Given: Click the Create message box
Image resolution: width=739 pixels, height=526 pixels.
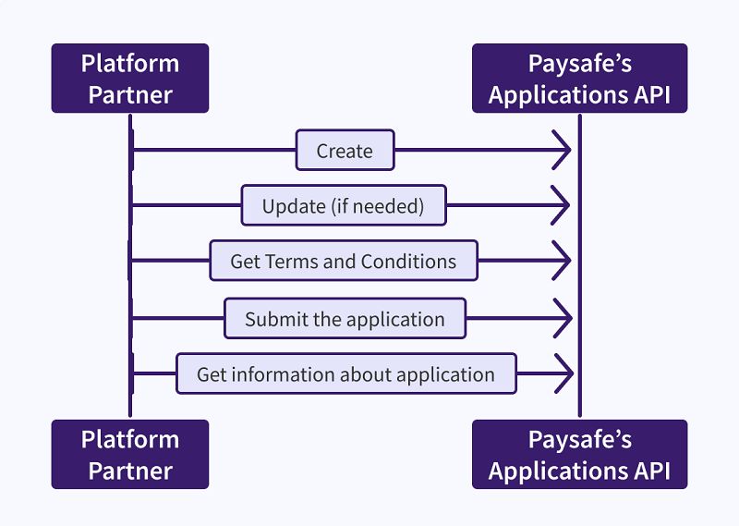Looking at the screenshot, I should [345, 150].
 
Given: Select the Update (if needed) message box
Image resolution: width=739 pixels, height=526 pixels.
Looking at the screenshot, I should [343, 205].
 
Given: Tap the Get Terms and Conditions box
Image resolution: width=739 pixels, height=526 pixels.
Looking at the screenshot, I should [343, 261].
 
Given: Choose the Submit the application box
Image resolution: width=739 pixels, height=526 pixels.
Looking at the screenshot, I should [345, 319].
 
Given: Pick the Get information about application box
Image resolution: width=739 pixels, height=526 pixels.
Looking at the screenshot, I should [345, 373].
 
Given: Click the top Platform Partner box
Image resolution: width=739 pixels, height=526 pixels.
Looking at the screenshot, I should [130, 79].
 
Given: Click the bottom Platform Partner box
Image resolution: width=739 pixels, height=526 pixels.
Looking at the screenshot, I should [130, 454].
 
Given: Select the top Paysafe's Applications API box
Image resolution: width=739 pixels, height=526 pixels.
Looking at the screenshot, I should [579, 79].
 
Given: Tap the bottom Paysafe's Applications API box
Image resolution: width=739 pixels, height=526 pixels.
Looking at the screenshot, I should [579, 454].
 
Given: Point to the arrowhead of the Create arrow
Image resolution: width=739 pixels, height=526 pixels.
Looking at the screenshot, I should [563, 150].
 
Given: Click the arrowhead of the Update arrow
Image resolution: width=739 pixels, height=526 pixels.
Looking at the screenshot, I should [563, 205].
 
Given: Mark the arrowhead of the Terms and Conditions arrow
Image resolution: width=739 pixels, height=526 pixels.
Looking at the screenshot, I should [563, 261].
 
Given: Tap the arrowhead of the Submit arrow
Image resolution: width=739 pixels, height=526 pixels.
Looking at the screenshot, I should [563, 319].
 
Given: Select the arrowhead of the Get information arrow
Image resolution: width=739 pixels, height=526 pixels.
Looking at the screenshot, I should [563, 373].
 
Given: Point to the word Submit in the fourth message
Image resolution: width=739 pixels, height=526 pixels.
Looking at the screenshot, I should [273, 319].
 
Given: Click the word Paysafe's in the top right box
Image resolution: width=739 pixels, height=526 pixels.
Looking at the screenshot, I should [579, 64].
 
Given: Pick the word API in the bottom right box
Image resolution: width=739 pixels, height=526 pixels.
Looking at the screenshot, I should [650, 471].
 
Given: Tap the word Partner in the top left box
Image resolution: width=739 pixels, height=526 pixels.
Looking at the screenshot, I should [130, 94].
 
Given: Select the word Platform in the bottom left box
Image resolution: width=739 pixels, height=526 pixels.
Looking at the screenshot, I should [130, 438].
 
